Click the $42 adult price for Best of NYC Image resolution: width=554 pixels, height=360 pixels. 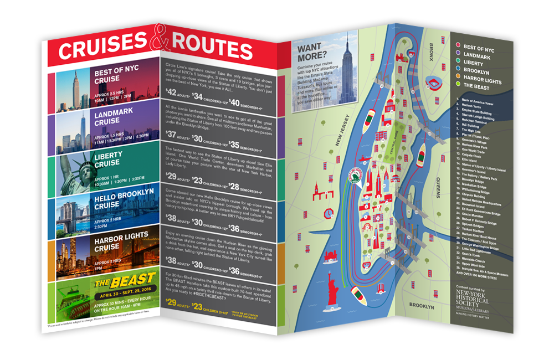pyautogui.click(x=172, y=92)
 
